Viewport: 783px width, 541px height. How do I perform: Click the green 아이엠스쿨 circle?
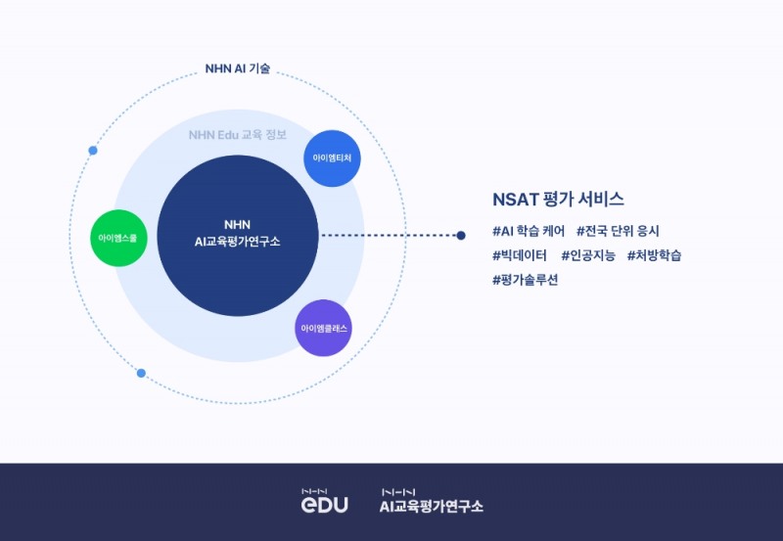coord(119,238)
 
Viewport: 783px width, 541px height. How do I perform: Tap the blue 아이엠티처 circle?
coord(333,158)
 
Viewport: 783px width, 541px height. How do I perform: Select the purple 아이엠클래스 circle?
coord(324,328)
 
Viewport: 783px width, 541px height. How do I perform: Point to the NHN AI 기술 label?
coord(238,69)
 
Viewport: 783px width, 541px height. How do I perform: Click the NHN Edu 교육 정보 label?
coord(238,134)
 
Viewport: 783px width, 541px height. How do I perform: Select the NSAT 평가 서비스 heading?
coord(559,199)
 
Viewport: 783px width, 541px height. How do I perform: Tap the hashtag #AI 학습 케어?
coord(529,232)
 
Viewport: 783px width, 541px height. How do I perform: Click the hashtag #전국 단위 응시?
coord(618,232)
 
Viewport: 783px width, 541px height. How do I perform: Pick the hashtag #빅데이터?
coord(520,255)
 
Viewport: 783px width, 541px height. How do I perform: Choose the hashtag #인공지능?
coord(588,255)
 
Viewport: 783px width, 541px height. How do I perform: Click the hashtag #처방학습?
coord(654,255)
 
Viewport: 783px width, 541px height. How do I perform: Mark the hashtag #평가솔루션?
coord(526,280)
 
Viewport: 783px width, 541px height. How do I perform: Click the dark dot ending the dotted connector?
coord(461,235)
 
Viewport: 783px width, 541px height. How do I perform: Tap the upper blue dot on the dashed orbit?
coord(93,151)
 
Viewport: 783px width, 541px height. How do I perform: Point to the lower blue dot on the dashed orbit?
coord(141,373)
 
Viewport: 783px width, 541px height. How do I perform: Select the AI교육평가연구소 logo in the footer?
coord(432,501)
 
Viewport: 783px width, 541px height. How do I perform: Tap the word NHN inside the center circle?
coord(238,224)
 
